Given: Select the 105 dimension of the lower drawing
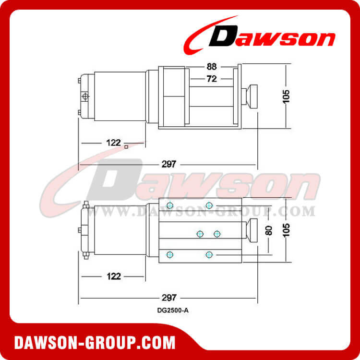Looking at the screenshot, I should [287, 230].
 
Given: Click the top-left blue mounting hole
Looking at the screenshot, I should [169, 205].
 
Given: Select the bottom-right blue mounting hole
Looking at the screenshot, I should [209, 254].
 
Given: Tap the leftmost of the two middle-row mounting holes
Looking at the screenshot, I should [200, 234].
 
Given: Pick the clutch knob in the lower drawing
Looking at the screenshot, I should [251, 229].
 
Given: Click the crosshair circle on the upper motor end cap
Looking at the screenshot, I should [85, 97].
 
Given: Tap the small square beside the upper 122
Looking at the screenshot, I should [126, 147].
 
